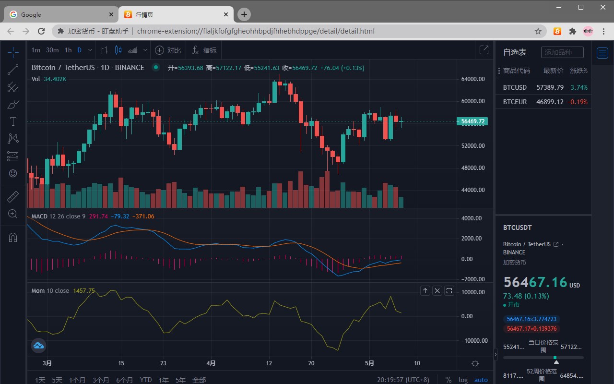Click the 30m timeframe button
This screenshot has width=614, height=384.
coord(52,50)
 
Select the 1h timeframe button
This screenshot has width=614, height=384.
coord(68,50)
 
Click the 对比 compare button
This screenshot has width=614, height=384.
coord(168,50)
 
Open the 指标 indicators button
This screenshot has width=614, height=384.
coord(204,50)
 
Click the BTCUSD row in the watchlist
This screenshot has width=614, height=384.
coord(515,87)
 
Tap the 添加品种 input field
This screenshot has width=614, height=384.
coord(562,52)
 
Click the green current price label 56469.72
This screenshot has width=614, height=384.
coord(472,121)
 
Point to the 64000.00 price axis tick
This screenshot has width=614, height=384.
coord(472,79)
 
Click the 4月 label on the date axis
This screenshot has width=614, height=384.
coord(211,363)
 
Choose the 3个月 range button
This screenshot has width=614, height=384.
coord(101,380)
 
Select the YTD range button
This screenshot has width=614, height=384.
coord(146,380)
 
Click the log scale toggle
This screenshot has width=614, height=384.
coord(463,380)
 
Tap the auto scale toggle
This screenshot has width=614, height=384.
coord(481,380)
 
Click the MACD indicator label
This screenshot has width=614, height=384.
coord(39,216)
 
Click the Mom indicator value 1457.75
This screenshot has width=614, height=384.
coord(84,291)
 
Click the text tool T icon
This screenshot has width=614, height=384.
coord(13,121)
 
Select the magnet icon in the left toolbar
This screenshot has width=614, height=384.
coord(13,237)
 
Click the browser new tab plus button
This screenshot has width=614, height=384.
coord(244,14)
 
